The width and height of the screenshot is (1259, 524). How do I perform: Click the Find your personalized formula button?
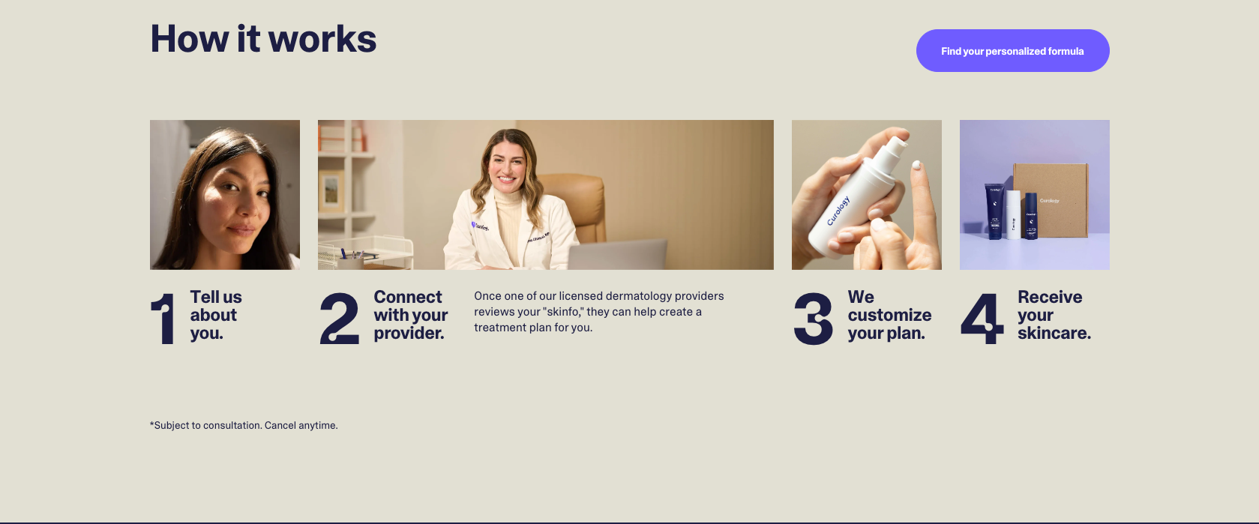1012,50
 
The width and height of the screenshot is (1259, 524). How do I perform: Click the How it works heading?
263,39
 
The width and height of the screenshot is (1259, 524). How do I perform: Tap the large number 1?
163,318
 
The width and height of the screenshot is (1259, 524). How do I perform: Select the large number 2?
340,318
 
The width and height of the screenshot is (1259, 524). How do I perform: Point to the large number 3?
814,318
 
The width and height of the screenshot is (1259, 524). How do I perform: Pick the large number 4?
982,318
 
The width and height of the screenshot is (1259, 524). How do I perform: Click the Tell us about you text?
216,315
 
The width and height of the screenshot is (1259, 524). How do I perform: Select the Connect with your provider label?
411,315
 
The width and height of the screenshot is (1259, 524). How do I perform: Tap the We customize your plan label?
890,315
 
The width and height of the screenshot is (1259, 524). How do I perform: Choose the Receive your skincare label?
1054,315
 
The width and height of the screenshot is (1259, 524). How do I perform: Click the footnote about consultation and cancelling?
244,425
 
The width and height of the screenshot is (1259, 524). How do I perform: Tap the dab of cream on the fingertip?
917,165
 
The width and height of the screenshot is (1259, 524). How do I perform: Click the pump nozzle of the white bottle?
895,145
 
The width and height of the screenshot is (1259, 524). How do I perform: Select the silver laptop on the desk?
617,254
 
